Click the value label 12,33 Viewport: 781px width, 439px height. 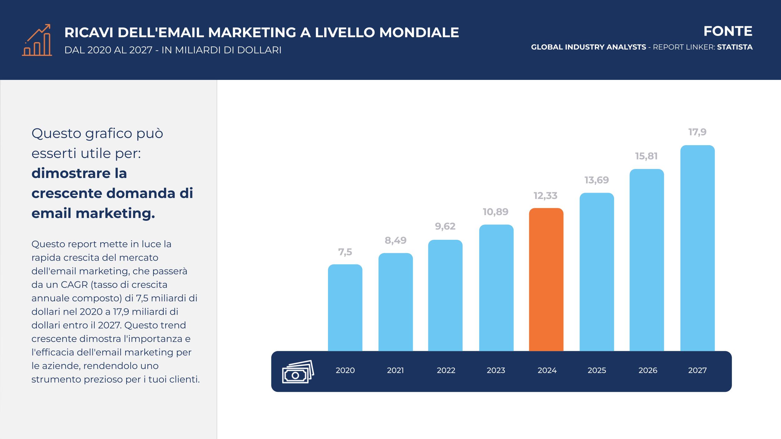tap(545, 196)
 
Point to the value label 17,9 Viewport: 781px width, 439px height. tap(697, 132)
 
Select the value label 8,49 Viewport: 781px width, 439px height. tap(395, 240)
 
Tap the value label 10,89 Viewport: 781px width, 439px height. tap(495, 212)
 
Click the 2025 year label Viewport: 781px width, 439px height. tap(597, 371)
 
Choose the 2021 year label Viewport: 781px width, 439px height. tap(395, 371)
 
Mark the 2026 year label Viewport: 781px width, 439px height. tap(648, 371)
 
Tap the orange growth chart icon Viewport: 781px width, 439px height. tap(37, 40)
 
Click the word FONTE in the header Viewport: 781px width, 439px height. tap(728, 31)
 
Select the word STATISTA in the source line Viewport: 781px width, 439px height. tap(734, 47)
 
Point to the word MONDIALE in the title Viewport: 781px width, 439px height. tap(419, 33)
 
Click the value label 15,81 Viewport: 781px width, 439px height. tap(646, 156)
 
